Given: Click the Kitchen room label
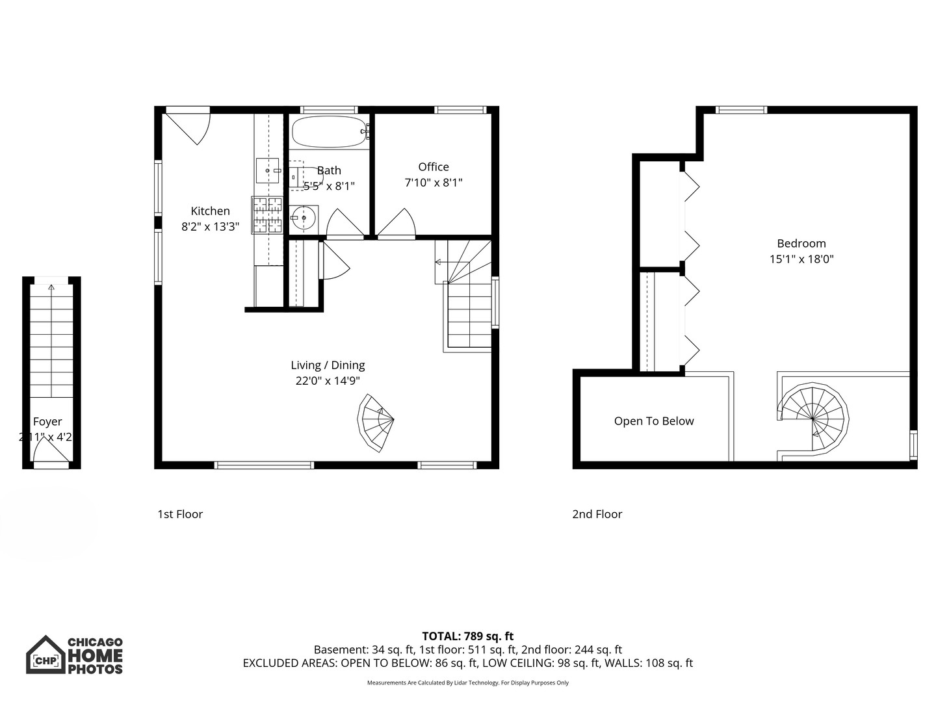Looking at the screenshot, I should click(x=210, y=211).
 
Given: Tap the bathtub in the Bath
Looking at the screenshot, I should click(x=328, y=132).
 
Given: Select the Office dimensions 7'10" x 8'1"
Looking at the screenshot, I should click(x=434, y=183).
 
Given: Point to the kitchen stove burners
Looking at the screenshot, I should click(x=267, y=215).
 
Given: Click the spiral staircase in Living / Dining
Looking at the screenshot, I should click(x=376, y=423).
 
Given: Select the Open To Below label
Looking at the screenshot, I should click(x=654, y=421).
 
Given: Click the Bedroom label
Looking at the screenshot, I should click(x=801, y=244).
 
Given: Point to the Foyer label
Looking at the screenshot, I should click(x=47, y=422).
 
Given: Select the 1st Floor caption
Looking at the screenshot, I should click(x=180, y=514).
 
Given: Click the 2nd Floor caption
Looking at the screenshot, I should click(x=597, y=514).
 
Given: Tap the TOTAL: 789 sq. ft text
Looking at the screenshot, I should click(x=467, y=636).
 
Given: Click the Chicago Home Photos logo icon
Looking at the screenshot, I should click(x=45, y=655).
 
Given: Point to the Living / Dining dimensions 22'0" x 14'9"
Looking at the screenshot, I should click(x=328, y=382).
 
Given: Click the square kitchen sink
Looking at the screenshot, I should click(x=267, y=170).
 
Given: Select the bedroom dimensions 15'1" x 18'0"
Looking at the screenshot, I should click(x=801, y=259).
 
